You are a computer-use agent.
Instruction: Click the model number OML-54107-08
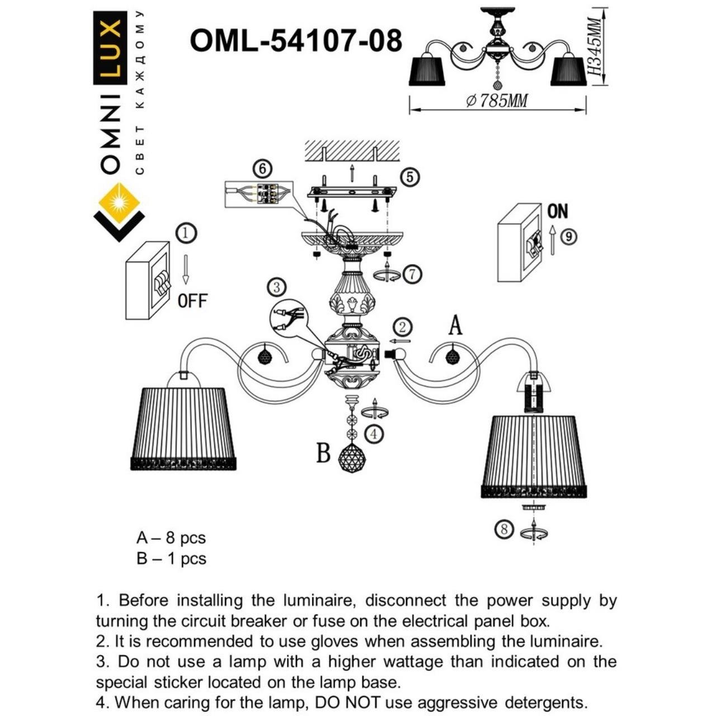296,41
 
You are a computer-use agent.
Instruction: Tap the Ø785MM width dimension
497,101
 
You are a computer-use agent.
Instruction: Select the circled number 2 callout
402,327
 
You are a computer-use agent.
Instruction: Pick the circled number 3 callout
276,288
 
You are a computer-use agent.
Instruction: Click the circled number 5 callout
410,177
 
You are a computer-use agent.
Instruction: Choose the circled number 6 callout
262,168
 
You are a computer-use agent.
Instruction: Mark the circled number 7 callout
412,274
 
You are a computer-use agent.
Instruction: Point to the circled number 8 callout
505,529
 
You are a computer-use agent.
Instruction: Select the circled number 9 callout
568,237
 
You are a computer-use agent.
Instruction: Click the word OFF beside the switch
192,301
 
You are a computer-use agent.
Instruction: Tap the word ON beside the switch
557,211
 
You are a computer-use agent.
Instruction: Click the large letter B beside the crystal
323,453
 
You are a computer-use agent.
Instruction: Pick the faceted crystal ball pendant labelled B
352,458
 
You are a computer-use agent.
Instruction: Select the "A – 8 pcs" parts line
171,538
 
